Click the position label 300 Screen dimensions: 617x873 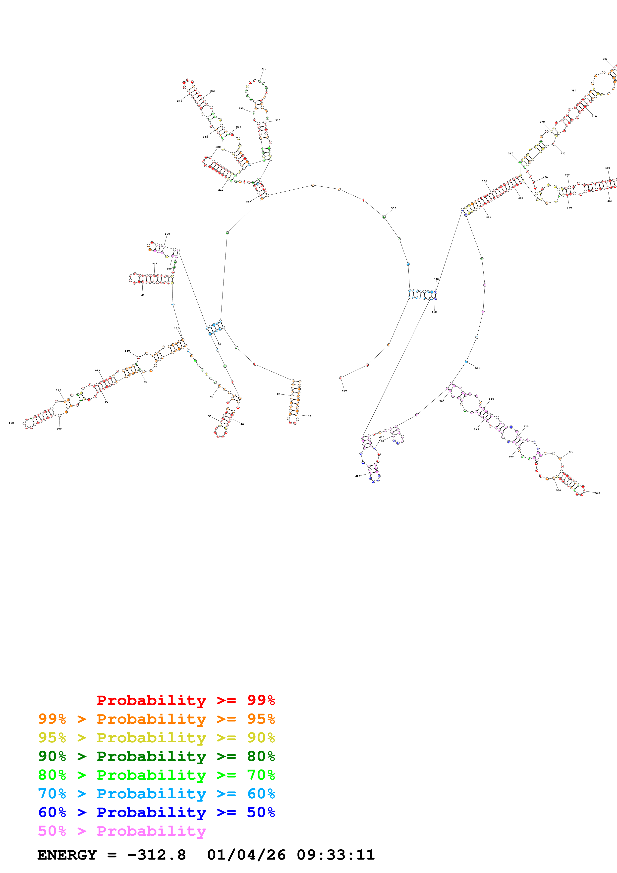click(x=264, y=69)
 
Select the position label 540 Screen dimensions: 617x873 click(x=597, y=493)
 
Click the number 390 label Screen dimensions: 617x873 click(x=605, y=59)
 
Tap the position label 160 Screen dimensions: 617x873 click(x=142, y=295)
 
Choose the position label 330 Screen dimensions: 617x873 click(x=393, y=208)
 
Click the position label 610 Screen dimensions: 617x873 click(x=357, y=476)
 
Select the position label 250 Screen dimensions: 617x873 click(x=179, y=101)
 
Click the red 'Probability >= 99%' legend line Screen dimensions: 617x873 click(x=185, y=700)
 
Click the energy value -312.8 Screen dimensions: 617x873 click(x=156, y=855)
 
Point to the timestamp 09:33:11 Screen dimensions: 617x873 click(x=336, y=855)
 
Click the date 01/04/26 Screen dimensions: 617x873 click(x=246, y=855)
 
